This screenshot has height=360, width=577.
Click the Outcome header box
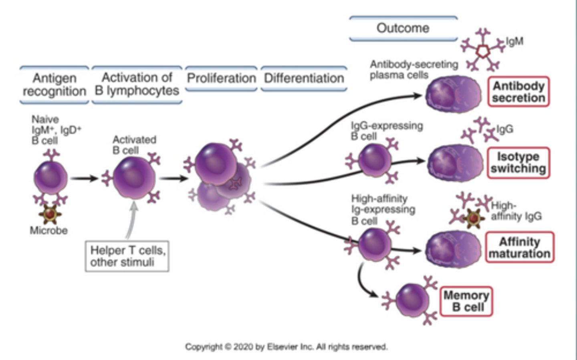point(403,28)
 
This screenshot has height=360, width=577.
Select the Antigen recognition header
point(54,85)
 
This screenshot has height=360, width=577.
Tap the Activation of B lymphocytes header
point(137,84)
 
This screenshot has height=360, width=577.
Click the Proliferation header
point(221,78)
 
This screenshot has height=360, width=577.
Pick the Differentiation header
point(304,78)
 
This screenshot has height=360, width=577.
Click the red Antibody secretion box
point(518,92)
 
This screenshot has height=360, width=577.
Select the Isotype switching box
point(518,162)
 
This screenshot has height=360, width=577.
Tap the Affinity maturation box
point(520,247)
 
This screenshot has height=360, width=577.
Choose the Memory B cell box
point(466,301)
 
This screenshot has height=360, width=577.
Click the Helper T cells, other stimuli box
point(127,256)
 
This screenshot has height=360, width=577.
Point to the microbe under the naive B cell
point(50,214)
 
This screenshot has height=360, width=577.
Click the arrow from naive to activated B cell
point(85,178)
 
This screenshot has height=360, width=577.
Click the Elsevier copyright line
point(286,347)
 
